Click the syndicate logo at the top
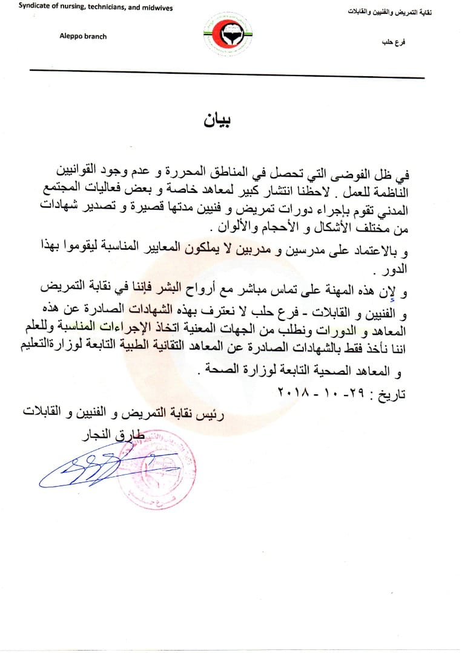click(x=230, y=36)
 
